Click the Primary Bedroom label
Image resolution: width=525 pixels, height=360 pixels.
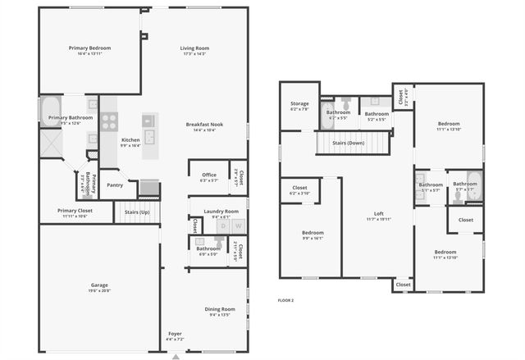[x=89, y=48]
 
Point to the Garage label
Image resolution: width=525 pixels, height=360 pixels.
[x=99, y=285]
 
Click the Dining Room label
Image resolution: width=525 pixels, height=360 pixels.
[x=221, y=308]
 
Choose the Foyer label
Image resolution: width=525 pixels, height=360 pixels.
[x=176, y=334]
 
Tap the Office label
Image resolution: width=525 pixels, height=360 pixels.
[x=208, y=174]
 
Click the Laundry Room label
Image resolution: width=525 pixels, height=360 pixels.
[x=221, y=211]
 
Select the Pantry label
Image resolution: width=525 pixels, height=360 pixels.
[x=115, y=185]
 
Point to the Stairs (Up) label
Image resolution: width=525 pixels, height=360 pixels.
[x=137, y=212]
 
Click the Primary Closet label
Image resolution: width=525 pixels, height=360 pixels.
[x=75, y=211]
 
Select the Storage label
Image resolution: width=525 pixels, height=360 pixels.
[x=299, y=103]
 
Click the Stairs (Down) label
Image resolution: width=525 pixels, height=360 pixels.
[x=348, y=143]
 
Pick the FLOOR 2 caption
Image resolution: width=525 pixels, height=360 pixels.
[x=285, y=300]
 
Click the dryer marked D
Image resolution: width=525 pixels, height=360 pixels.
[x=220, y=225]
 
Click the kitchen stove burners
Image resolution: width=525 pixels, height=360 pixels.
[x=109, y=122]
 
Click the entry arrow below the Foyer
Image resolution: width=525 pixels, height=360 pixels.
[x=176, y=356]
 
